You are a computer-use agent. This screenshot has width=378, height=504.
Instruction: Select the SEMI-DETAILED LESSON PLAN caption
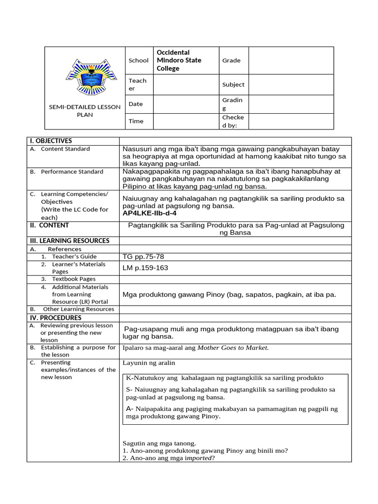click(85, 111)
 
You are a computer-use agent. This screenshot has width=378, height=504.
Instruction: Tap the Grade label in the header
click(231, 60)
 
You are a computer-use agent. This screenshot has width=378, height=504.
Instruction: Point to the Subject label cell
click(233, 84)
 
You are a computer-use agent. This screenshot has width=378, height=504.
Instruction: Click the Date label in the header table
click(136, 104)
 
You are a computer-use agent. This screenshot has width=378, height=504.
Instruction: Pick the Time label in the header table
click(136, 121)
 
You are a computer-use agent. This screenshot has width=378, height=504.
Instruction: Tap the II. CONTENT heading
click(48, 225)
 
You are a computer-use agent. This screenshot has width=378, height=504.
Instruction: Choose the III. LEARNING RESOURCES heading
click(68, 241)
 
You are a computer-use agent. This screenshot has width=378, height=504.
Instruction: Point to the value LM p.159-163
click(145, 268)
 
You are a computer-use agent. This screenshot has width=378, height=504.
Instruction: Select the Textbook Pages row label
click(74, 279)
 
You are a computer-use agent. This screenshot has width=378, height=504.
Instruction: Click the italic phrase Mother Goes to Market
click(233, 347)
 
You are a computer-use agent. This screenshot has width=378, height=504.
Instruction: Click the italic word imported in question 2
click(198, 458)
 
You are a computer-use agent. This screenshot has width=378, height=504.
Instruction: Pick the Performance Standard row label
click(72, 171)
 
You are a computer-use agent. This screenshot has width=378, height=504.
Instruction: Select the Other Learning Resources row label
click(78, 309)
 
